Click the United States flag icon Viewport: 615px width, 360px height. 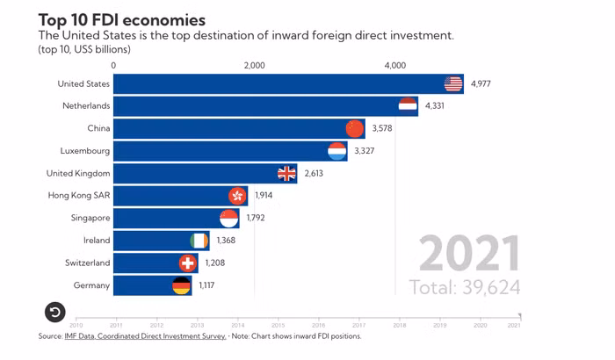click(x=452, y=84)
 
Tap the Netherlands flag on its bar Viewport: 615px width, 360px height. click(x=408, y=106)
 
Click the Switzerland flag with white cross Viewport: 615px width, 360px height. click(x=188, y=263)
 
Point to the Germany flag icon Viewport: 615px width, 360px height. click(x=181, y=285)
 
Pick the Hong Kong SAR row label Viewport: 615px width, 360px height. click(x=78, y=196)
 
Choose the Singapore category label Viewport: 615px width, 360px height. click(x=90, y=218)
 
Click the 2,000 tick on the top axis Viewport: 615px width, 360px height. click(x=254, y=65)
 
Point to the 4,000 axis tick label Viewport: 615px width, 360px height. click(x=395, y=65)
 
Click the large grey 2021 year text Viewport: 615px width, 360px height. click(x=468, y=254)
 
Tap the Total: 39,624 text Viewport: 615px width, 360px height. click(x=465, y=287)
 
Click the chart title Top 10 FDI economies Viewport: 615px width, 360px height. click(x=122, y=18)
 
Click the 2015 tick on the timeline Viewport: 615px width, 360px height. click(x=277, y=325)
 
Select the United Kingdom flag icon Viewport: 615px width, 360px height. click(x=287, y=173)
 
